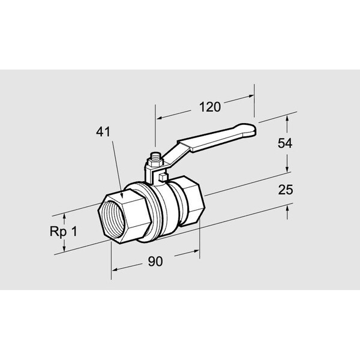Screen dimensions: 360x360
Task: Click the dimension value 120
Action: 210,107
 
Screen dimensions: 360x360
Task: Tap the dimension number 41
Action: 103,132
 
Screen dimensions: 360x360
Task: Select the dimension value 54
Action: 285,143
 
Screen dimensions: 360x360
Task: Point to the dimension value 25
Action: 286,190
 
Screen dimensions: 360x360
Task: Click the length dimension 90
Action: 155,261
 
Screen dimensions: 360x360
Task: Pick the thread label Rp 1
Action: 64,231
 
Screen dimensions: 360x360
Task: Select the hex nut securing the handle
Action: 155,163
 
